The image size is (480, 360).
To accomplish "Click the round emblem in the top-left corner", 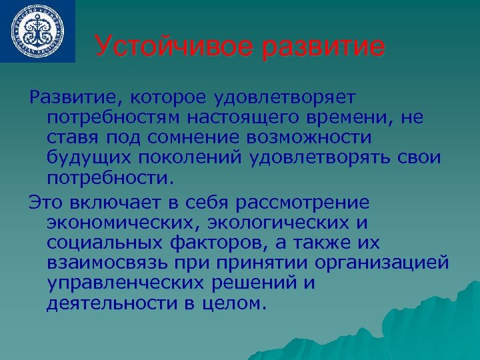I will (x=37, y=31).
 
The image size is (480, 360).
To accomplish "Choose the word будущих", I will (x=83, y=158).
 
